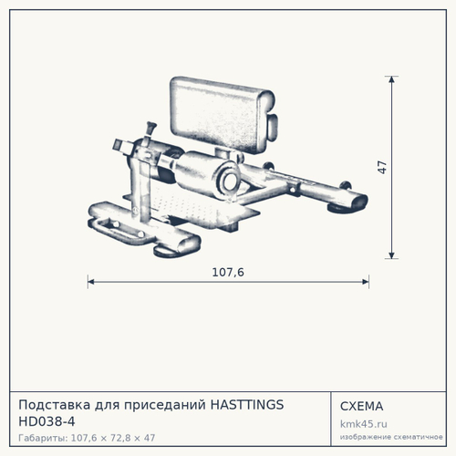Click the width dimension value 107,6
coord(228,272)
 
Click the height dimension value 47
coord(382,168)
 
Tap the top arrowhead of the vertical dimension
coord(391,79)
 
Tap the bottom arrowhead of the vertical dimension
coord(391,255)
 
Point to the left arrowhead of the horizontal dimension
coord(91,282)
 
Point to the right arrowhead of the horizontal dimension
coord(366,282)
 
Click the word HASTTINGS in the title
coord(247,405)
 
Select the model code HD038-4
coord(47,421)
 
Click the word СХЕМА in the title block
coord(361,406)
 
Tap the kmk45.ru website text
coord(364,424)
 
